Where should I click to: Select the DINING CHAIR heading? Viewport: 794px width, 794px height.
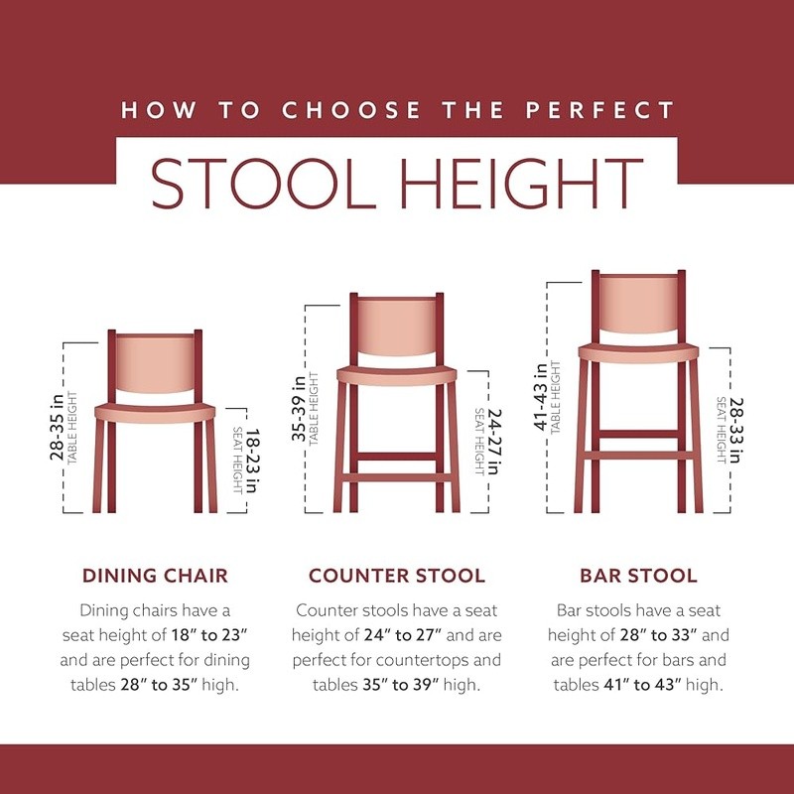pyautogui.click(x=155, y=576)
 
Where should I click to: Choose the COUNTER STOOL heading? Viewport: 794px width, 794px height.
pyautogui.click(x=396, y=576)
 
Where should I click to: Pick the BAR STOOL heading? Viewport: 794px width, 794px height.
pyautogui.click(x=639, y=576)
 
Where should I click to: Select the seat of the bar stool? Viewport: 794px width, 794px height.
pyautogui.click(x=639, y=352)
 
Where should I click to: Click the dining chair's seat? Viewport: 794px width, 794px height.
pyautogui.click(x=155, y=412)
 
